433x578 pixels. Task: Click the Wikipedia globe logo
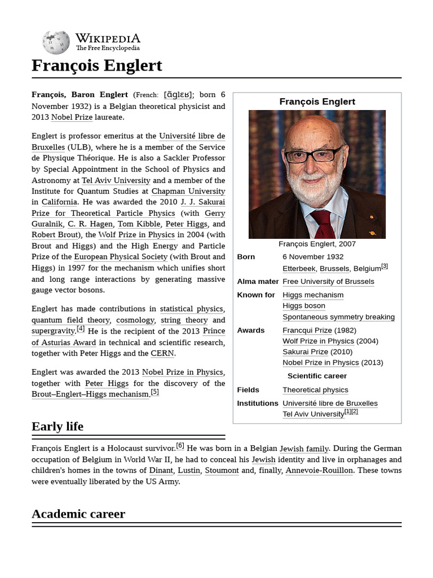(x=56, y=42)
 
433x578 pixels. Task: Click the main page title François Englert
(x=97, y=65)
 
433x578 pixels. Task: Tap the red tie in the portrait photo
(x=323, y=222)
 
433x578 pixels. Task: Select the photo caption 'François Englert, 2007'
(x=317, y=244)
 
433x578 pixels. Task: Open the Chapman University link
(x=188, y=191)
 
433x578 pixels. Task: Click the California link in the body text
(x=59, y=202)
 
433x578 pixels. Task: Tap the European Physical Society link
(x=121, y=257)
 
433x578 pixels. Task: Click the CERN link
(x=162, y=353)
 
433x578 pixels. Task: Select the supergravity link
(x=53, y=331)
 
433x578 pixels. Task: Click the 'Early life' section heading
(x=58, y=426)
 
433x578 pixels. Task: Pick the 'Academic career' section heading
(x=78, y=514)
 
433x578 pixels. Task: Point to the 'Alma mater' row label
(x=258, y=281)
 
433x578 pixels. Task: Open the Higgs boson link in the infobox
(x=304, y=305)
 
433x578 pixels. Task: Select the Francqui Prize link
(x=307, y=330)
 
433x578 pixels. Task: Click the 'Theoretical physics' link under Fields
(x=315, y=390)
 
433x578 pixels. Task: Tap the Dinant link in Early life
(x=161, y=470)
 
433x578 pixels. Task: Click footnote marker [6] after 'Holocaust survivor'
(x=180, y=446)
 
